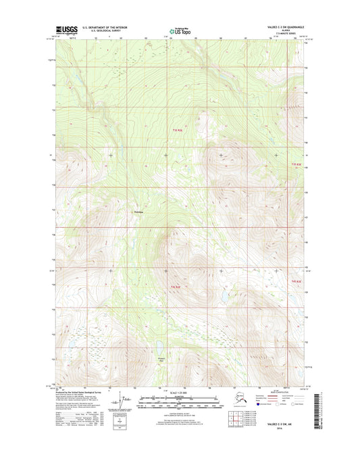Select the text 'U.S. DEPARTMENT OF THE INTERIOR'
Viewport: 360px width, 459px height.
[105, 27]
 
